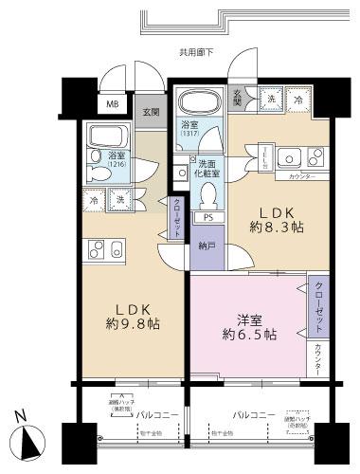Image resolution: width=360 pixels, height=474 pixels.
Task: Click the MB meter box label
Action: pos(112,105)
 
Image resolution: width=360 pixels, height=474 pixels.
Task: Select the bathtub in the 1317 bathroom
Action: pos(198,104)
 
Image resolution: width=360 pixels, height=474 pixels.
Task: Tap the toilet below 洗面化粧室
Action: pos(208,191)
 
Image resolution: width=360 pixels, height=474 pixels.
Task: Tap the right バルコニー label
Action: pos(253,416)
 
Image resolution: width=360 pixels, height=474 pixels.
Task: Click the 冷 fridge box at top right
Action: pos(299,100)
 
